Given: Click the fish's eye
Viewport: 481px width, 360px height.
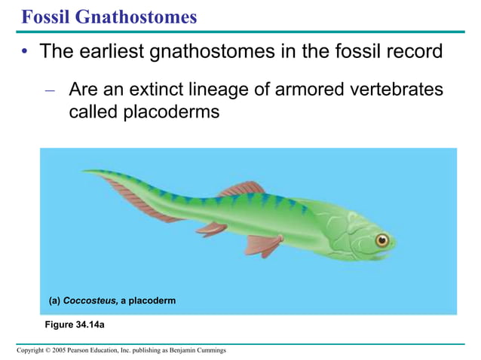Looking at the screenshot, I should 382,240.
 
